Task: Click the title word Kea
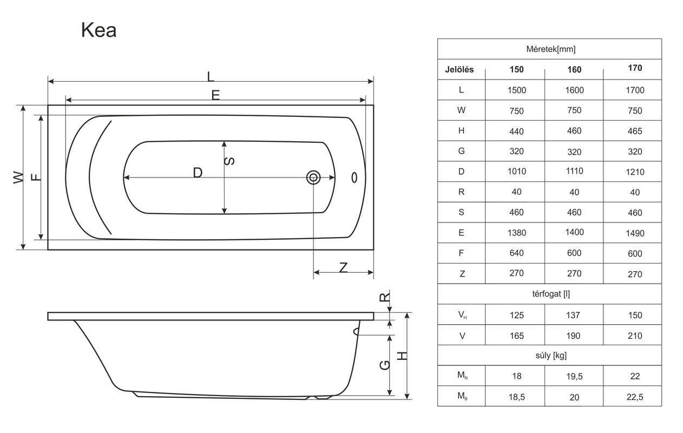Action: (99, 30)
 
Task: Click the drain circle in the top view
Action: (313, 178)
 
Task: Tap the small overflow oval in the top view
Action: (354, 178)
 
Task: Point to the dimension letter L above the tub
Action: (211, 76)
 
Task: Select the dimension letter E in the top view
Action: (215, 95)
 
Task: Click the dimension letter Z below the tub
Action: (343, 268)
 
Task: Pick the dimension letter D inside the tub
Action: (198, 173)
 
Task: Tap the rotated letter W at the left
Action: (18, 178)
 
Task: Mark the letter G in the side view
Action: (385, 365)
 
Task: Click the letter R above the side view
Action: (385, 297)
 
